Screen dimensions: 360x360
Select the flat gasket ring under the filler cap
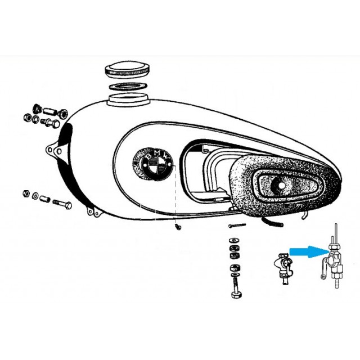128,87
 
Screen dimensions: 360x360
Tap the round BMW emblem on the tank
154,164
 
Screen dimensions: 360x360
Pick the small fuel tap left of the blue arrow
285,268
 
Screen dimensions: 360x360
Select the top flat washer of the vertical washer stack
234,240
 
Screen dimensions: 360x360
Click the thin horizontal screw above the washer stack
237,225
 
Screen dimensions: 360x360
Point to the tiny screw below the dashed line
178,227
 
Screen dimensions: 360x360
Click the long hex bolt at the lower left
62,204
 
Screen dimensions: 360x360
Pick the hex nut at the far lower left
26,193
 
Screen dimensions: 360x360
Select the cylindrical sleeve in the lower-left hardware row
44,199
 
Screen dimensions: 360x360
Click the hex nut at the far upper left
28,118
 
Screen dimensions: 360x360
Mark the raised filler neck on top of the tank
129,100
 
